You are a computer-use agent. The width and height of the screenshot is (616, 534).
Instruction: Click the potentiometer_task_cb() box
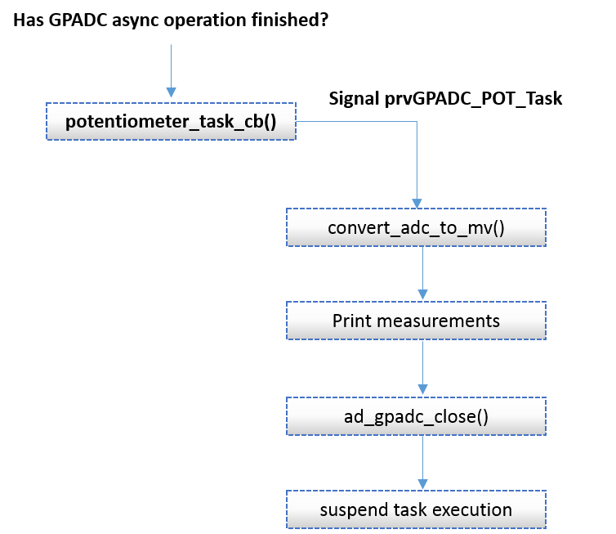pyautogui.click(x=170, y=121)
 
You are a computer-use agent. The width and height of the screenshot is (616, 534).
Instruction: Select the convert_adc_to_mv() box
pyautogui.click(x=416, y=227)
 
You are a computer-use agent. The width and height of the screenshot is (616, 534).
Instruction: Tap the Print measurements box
pyautogui.click(x=416, y=321)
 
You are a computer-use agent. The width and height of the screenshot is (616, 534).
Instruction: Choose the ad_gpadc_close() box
pyautogui.click(x=416, y=416)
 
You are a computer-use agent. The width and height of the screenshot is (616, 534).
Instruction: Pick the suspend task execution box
pyautogui.click(x=416, y=509)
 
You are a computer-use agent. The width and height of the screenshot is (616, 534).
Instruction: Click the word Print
pyautogui.click(x=348, y=321)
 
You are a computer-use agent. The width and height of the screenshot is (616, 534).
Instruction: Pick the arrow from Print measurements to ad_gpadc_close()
pyautogui.click(x=422, y=366)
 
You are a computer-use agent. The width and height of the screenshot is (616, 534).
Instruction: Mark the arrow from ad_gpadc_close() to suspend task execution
pyautogui.click(x=422, y=460)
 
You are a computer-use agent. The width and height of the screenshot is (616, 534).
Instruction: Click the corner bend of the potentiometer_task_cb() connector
pyautogui.click(x=417, y=122)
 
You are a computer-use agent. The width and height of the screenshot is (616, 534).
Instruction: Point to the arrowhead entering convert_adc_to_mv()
pyautogui.click(x=417, y=204)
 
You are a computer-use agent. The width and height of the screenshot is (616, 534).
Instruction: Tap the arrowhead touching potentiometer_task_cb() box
pyautogui.click(x=171, y=92)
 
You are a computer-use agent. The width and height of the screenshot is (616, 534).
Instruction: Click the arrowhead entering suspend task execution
pyautogui.click(x=422, y=485)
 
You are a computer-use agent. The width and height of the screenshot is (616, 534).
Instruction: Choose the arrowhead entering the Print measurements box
pyautogui.click(x=422, y=296)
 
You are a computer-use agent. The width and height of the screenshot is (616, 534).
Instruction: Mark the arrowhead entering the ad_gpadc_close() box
pyautogui.click(x=422, y=392)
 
